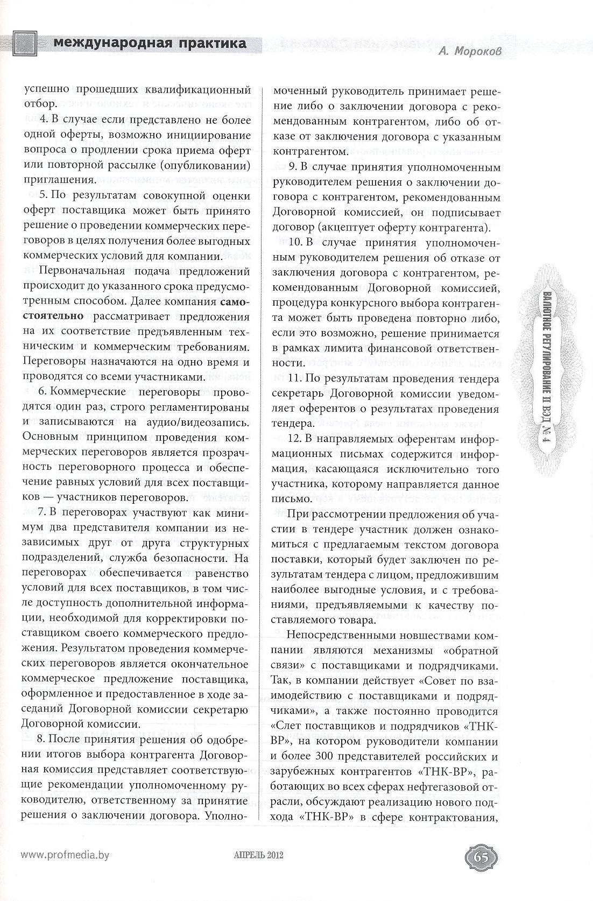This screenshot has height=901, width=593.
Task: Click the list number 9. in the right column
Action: point(293,167)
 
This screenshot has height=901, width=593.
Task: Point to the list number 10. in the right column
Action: point(295,242)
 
